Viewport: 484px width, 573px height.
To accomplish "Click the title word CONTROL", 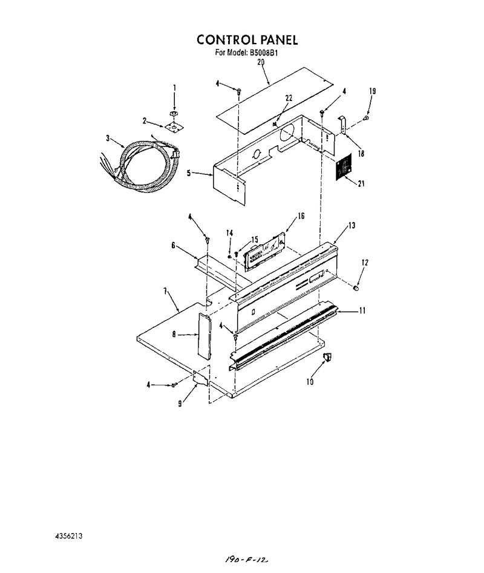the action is point(227,39).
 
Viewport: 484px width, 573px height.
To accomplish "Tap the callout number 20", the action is point(260,62).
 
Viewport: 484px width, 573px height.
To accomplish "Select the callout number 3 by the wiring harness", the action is point(108,138).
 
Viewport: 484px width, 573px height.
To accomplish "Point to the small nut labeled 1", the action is point(174,114).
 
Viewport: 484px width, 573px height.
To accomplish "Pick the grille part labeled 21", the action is point(344,166).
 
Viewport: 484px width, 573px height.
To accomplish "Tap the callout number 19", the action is point(372,91).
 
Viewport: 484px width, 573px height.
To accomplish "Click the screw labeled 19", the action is point(365,117).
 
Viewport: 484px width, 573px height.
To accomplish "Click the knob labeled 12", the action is point(355,289).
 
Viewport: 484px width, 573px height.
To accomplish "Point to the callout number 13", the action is point(352,226).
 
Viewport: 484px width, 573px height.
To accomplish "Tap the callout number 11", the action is point(362,310).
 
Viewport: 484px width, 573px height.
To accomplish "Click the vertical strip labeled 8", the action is point(204,335).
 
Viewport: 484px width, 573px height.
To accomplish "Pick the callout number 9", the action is point(180,404).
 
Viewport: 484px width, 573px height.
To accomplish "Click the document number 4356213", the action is point(69,536).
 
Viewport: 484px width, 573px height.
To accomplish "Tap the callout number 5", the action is point(189,173).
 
